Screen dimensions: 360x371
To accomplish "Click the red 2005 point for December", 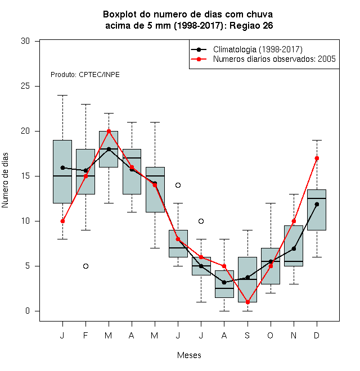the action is [317, 158].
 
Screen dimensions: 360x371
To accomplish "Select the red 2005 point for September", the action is [247, 302].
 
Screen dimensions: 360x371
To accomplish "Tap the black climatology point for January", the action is [62, 168].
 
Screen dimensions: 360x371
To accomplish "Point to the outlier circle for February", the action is [85, 266].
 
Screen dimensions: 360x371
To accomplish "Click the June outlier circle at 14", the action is [178, 185].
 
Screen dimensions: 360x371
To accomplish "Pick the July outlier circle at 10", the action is [201, 221].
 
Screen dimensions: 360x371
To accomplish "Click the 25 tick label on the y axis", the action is [25, 86].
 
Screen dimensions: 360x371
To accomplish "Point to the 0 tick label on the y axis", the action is [28, 311].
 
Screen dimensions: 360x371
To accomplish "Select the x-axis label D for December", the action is [317, 335].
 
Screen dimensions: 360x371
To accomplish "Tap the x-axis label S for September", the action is [247, 335].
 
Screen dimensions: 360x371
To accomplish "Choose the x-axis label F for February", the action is [85, 335].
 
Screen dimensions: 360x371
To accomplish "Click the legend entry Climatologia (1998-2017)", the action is [258, 49].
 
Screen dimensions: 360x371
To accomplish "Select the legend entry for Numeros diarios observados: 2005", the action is [274, 59].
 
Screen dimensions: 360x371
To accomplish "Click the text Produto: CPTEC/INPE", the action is [85, 75].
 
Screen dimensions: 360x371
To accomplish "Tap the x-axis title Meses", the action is [189, 355].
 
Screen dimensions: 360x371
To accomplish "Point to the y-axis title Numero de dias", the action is [5, 180].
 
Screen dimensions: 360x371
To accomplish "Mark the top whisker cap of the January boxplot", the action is [62, 96].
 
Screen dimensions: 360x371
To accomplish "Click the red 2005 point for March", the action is [109, 132].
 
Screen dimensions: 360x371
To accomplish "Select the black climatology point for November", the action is [294, 248].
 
